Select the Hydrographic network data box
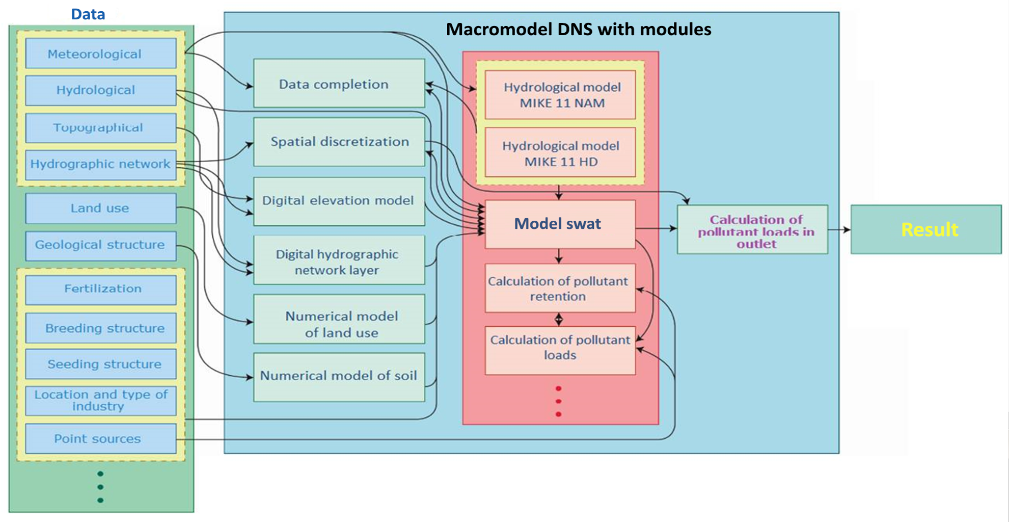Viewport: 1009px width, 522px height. click(101, 164)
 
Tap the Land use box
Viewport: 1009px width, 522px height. click(101, 208)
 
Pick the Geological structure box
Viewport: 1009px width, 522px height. click(101, 245)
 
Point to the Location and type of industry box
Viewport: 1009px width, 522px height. click(101, 401)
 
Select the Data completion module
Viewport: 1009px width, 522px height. click(339, 84)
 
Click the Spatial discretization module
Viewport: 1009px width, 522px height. click(339, 142)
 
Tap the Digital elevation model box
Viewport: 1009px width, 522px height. click(339, 201)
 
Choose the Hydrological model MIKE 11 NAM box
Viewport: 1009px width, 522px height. click(560, 95)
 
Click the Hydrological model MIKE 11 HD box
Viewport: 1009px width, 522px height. click(560, 153)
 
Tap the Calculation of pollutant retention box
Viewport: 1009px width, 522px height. click(559, 288)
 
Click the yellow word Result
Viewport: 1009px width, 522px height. click(930, 229)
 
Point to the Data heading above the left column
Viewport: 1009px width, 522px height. click(88, 14)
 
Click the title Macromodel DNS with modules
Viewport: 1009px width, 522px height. click(578, 29)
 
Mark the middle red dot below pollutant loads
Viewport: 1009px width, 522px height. click(559, 401)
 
